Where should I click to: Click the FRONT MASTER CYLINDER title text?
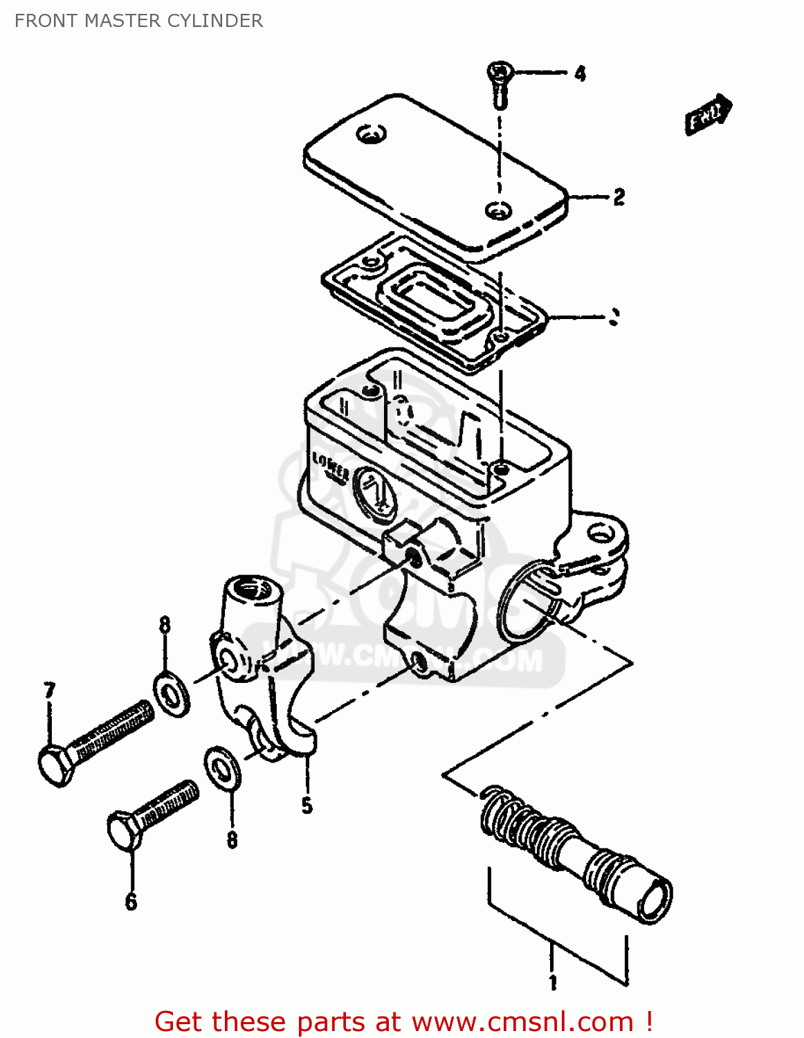click(138, 21)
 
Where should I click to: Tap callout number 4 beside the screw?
click(580, 73)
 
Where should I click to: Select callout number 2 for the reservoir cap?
click(619, 197)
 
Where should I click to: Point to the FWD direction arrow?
click(708, 115)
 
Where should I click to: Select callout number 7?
click(49, 691)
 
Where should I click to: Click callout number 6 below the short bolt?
click(131, 902)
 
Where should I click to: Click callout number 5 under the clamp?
click(307, 805)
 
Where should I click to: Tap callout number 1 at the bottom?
click(553, 983)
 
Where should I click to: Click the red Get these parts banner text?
click(403, 1021)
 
